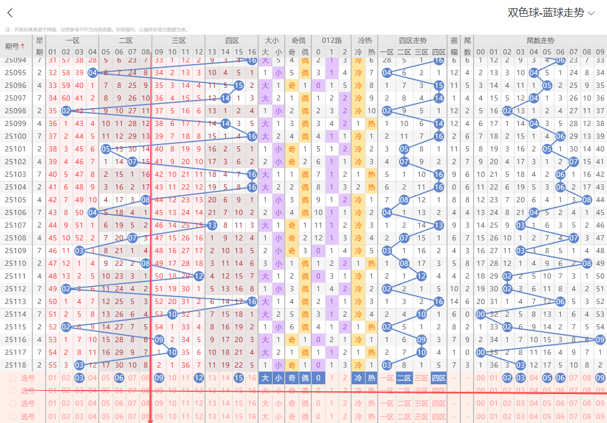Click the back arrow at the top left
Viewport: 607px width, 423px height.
pos(10,13)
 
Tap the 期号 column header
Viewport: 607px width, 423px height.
pos(15,46)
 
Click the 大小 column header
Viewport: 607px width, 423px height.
pos(271,40)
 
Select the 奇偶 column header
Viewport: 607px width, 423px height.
pos(298,40)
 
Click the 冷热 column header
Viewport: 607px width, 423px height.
pos(364,40)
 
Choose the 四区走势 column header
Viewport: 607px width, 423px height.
pos(412,40)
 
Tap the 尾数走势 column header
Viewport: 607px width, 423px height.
pos(540,40)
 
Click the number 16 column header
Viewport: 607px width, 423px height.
pos(252,52)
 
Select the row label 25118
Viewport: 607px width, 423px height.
pos(16,365)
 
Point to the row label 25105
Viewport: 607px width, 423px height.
pos(16,200)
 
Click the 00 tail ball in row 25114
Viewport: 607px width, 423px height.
pos(481,314)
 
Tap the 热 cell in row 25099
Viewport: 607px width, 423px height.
pos(371,124)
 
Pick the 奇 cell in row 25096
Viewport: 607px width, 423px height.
pos(291,86)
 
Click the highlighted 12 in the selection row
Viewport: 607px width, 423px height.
pos(199,378)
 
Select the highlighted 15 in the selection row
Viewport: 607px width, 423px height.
pos(239,378)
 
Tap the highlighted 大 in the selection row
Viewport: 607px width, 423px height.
pos(265,378)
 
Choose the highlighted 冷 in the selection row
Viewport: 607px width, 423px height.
pos(358,378)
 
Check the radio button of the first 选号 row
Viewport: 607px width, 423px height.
pos(13,378)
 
